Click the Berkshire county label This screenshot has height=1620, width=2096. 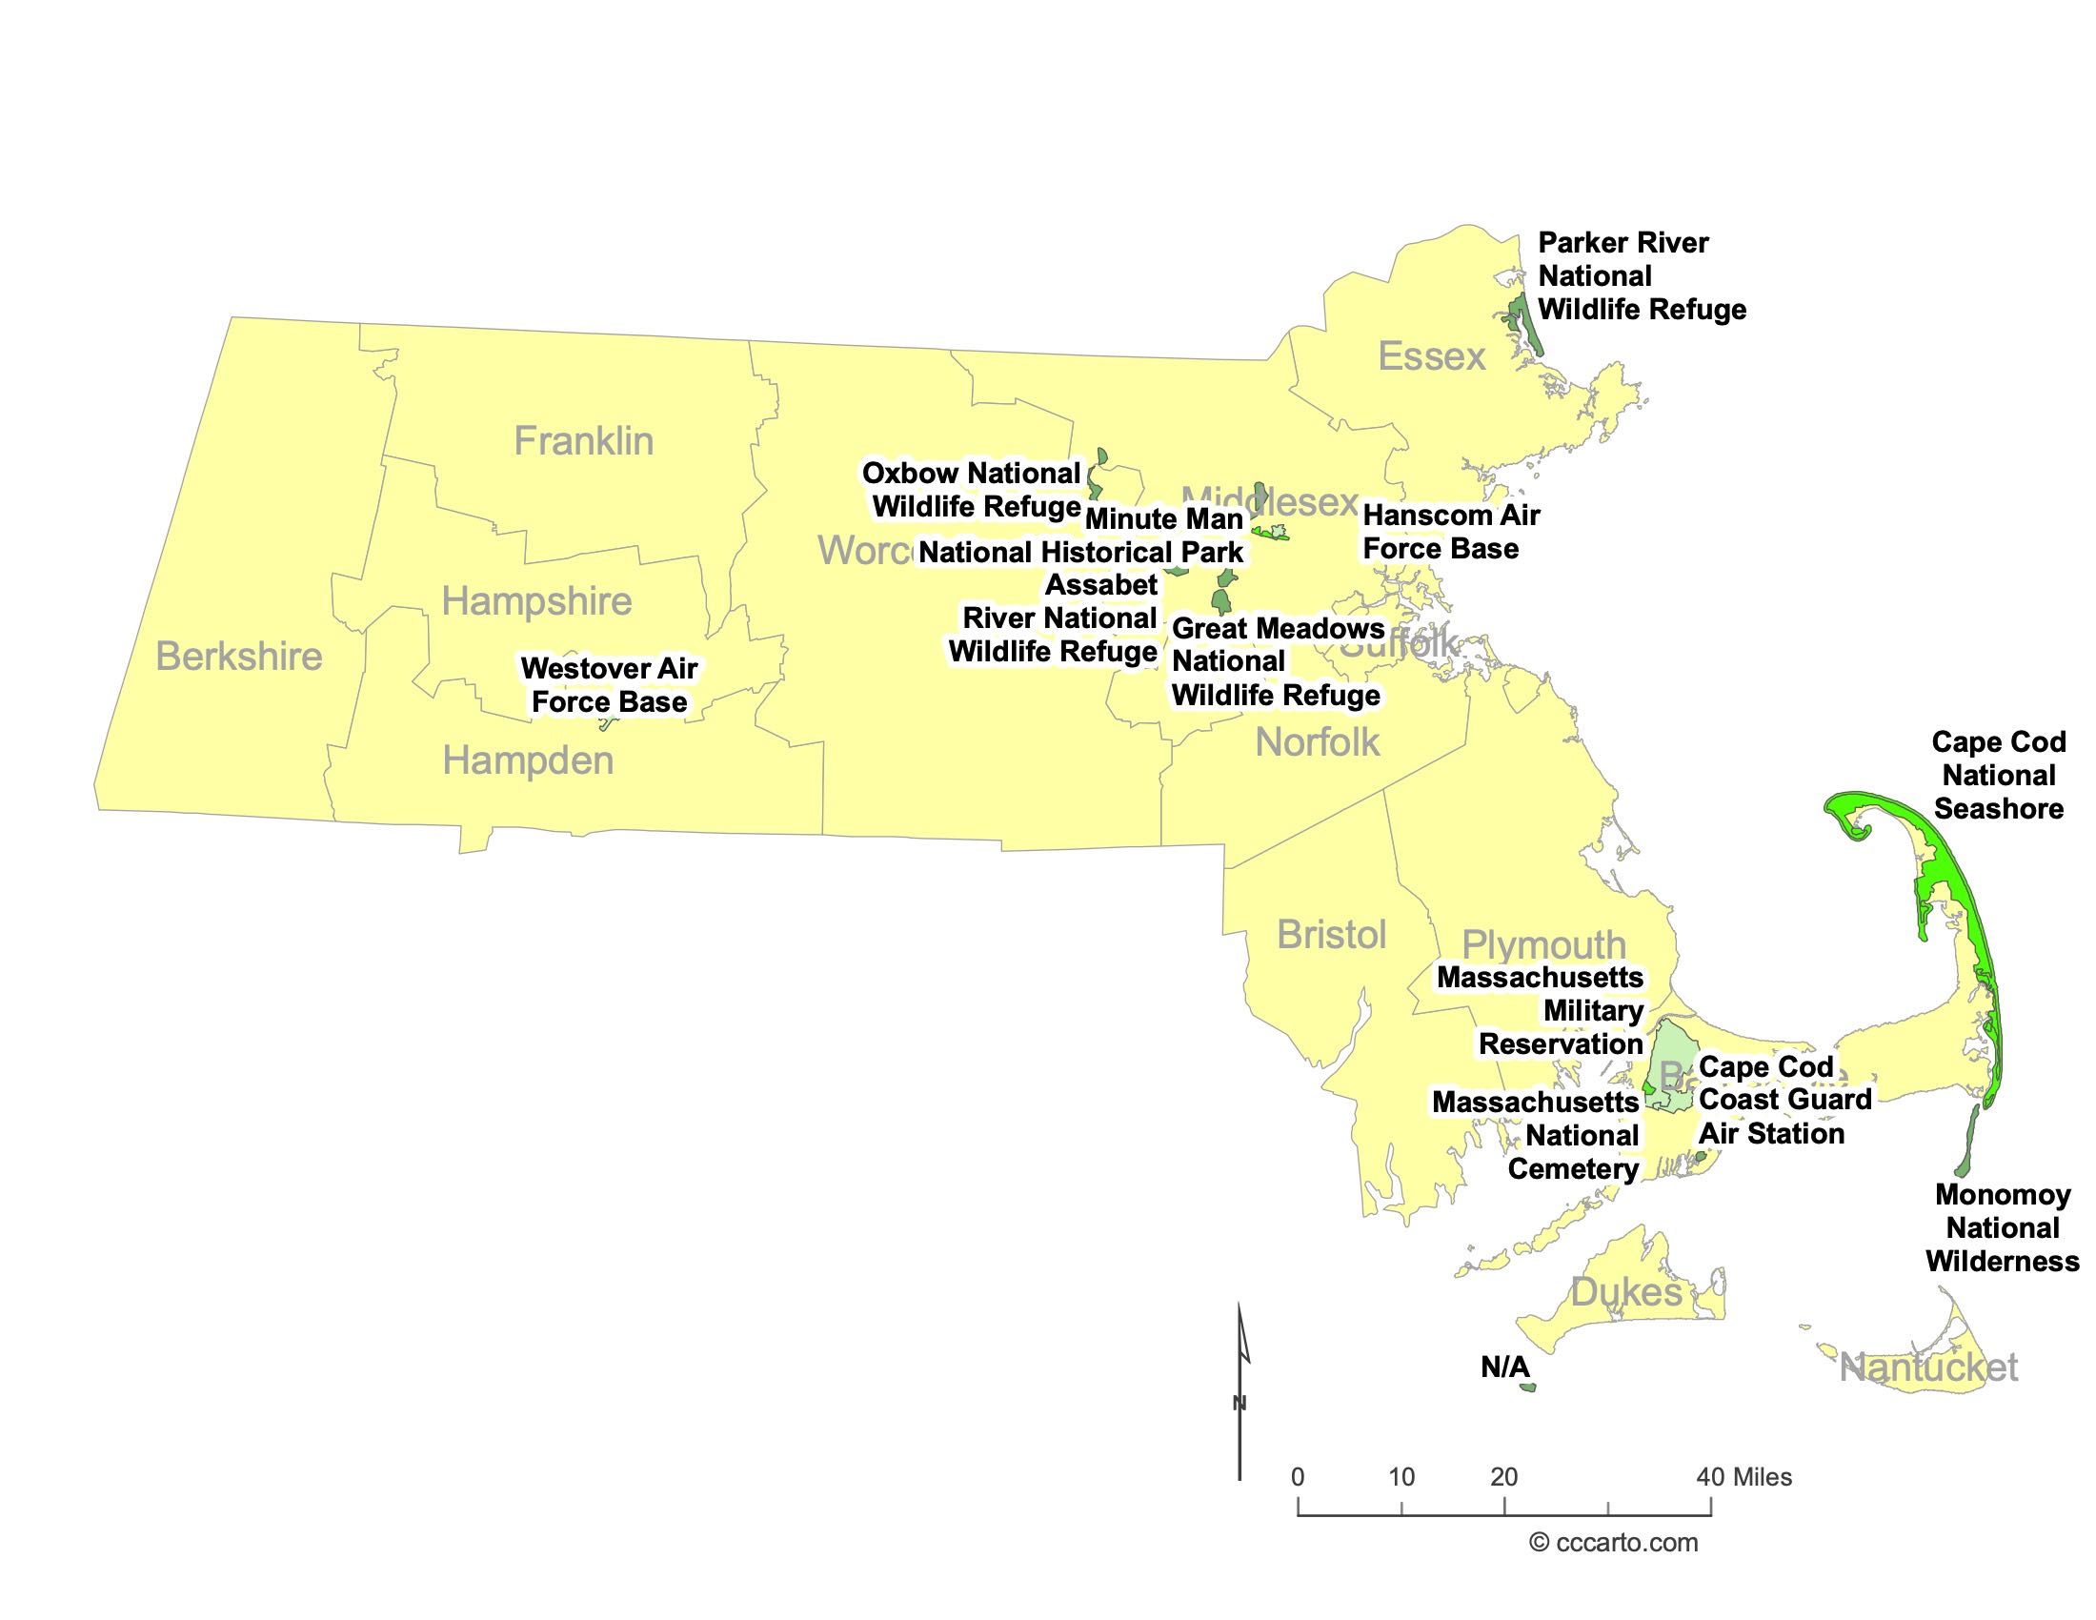(x=239, y=658)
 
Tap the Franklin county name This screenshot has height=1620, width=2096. (x=583, y=441)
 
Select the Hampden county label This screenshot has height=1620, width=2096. (x=528, y=761)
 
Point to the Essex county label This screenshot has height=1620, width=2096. (x=1432, y=357)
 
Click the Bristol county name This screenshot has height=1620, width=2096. (x=1331, y=935)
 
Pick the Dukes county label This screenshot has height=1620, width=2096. (x=1625, y=1293)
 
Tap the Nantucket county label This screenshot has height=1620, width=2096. (x=1929, y=1367)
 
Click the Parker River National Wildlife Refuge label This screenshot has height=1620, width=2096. (x=1642, y=276)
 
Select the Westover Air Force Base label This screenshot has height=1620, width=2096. (x=610, y=685)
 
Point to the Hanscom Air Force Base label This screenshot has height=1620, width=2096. (x=1450, y=532)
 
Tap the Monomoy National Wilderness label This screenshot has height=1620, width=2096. (x=2002, y=1228)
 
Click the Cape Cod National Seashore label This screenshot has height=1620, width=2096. (x=1998, y=776)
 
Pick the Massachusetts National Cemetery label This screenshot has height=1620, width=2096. (x=1536, y=1135)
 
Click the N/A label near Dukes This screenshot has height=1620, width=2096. (x=1504, y=1367)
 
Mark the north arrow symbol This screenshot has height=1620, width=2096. (x=1239, y=1391)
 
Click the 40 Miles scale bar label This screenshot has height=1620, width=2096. (x=1743, y=1477)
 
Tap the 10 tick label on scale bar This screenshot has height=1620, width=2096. (x=1401, y=1477)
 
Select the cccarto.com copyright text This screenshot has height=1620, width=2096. (x=1613, y=1542)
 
